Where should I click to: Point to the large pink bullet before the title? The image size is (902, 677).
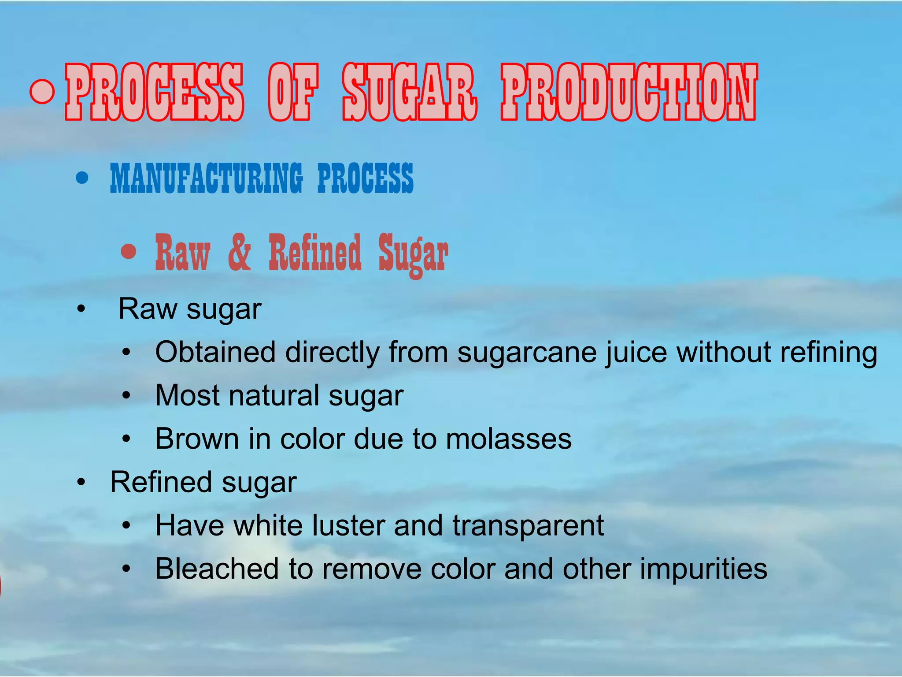(x=42, y=91)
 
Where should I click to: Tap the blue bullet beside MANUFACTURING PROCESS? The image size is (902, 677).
(x=82, y=178)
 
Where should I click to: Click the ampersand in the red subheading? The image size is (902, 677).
(x=239, y=253)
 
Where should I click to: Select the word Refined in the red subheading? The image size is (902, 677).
(x=314, y=253)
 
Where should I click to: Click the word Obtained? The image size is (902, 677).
(x=215, y=352)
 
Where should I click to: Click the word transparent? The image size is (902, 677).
(x=528, y=526)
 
